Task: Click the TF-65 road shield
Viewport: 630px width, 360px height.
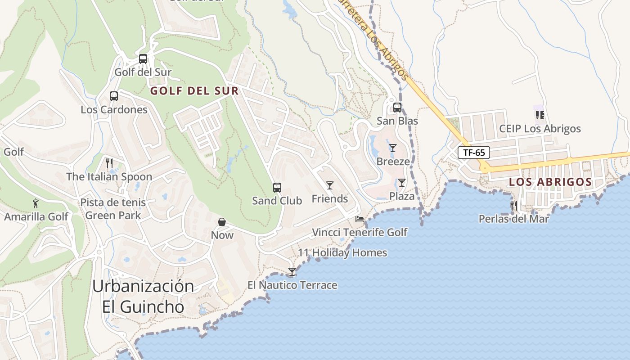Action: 473,153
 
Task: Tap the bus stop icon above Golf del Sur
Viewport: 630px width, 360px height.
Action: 143,59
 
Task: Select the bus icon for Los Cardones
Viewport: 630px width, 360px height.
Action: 114,96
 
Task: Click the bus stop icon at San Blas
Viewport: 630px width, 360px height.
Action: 397,108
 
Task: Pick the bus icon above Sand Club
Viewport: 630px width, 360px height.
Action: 277,188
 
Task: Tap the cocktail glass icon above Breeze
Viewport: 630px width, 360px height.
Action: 393,148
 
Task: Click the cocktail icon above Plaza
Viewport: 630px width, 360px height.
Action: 402,183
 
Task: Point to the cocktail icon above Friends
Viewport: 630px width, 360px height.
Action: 330,185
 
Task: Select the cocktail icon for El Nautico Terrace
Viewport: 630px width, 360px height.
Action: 292,272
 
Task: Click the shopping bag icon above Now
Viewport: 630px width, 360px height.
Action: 222,222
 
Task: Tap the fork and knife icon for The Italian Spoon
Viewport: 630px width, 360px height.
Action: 109,163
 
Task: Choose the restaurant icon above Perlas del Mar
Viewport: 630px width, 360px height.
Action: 513,206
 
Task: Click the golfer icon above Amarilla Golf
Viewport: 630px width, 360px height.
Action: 36,203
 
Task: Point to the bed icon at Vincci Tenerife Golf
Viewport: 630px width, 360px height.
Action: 360,219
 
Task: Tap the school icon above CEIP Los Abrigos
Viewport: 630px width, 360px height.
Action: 540,115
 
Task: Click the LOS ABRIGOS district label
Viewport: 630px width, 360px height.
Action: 550,182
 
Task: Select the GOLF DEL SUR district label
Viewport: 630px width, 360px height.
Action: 194,91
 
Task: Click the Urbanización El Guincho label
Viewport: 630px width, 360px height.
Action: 143,297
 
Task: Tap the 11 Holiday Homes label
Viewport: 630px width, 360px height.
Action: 342,253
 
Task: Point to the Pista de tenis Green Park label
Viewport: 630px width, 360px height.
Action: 113,209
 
